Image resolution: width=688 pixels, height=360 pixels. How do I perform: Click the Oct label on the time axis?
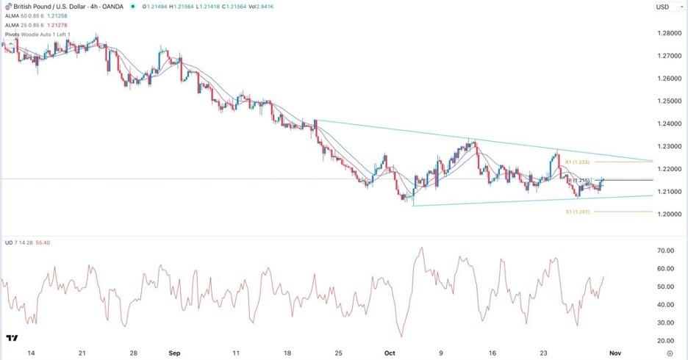point(390,353)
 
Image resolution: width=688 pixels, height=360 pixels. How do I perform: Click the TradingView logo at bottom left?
point(12,339)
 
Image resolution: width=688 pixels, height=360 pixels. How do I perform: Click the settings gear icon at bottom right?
point(670,353)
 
